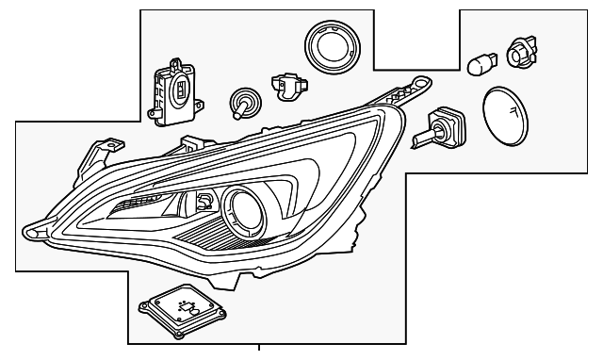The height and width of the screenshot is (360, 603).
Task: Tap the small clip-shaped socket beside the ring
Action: [285, 85]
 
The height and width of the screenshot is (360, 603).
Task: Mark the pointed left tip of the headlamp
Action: [29, 229]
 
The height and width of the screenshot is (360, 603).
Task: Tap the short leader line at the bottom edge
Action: [258, 352]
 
